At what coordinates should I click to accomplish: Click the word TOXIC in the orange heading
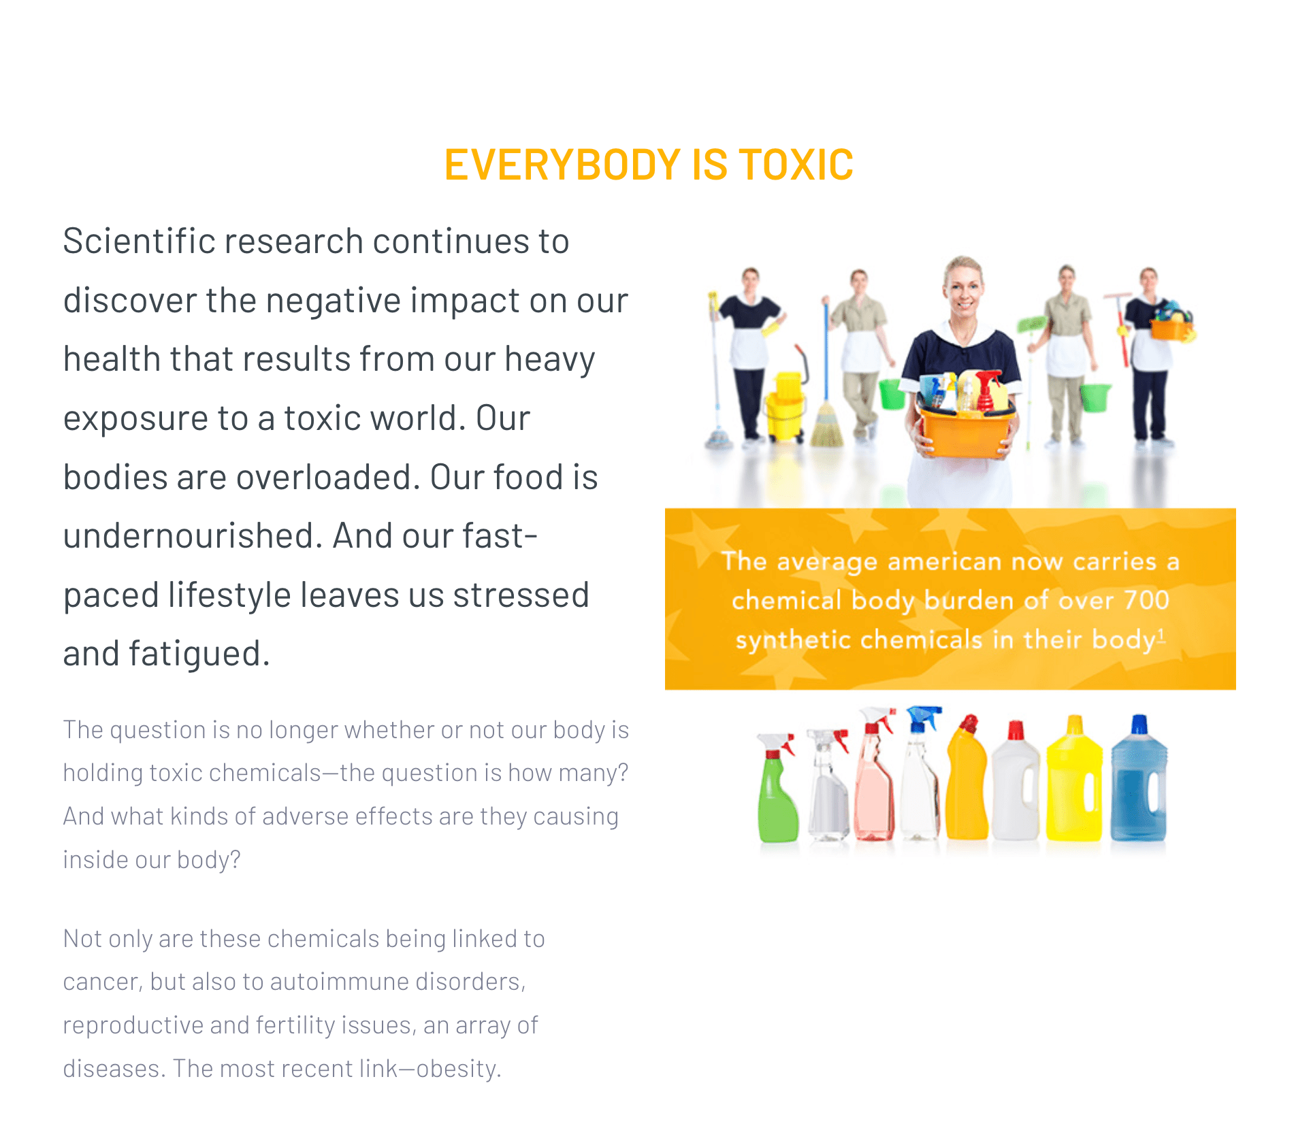coord(796,165)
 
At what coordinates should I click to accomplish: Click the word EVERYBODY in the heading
coord(562,165)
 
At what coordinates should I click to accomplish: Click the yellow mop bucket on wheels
coord(785,408)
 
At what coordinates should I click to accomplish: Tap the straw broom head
coord(827,425)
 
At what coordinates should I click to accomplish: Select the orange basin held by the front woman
coord(965,429)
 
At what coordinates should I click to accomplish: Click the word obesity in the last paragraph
coord(457,1068)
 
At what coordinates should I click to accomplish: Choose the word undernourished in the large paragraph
coord(189,536)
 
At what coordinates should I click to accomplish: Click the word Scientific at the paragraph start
coord(140,241)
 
